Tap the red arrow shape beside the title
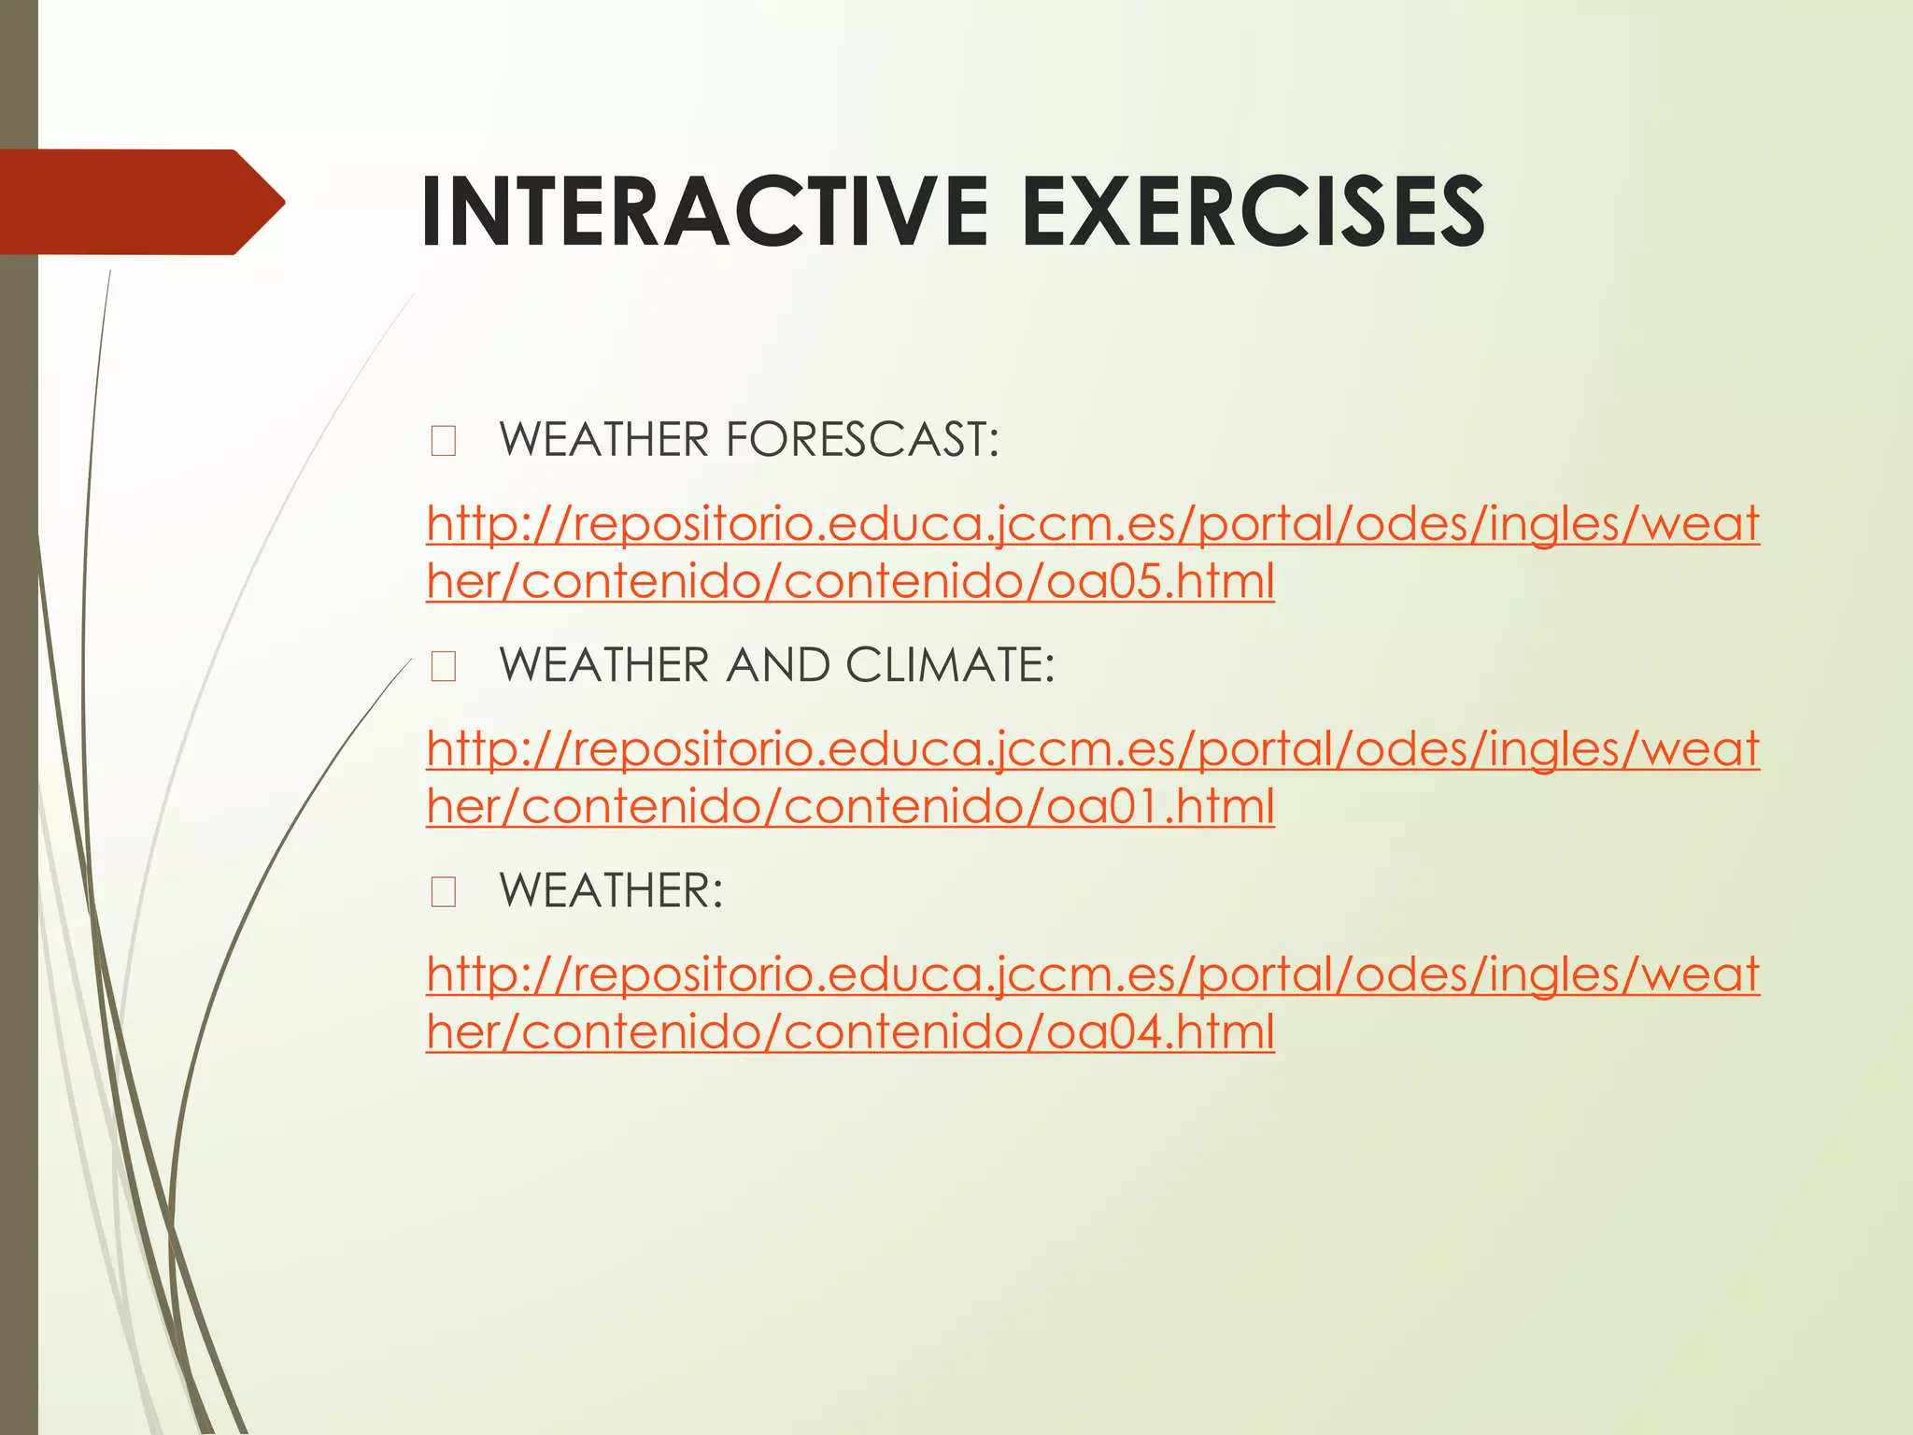[140, 202]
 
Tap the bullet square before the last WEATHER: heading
[444, 892]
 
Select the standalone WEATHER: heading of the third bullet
[611, 890]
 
